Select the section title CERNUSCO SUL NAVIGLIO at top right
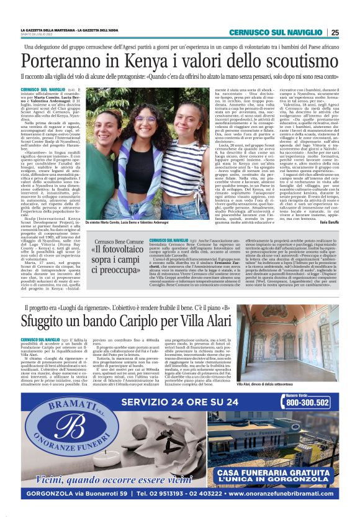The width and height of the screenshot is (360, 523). (x=276, y=33)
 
